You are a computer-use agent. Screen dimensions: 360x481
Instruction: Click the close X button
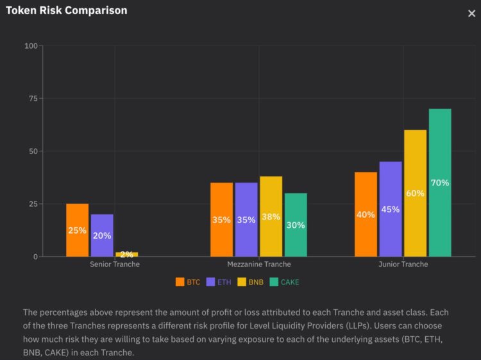coord(471,13)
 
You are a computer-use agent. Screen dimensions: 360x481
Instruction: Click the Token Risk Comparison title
coord(67,10)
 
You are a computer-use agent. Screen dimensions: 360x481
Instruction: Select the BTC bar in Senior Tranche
coord(78,230)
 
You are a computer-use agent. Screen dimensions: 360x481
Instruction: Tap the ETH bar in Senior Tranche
coord(102,235)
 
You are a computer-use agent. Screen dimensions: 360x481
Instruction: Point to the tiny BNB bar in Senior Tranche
coord(126,254)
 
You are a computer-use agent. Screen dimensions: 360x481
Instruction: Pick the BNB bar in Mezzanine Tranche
coord(271,216)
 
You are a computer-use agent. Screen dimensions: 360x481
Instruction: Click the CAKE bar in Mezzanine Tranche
coord(296,225)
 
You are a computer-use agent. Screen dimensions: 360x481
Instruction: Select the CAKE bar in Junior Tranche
coord(440,182)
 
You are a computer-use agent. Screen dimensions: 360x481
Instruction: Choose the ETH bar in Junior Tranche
coord(391,209)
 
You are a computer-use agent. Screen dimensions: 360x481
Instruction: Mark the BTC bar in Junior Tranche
coord(366,214)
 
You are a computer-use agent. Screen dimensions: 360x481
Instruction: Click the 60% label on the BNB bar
coord(415,193)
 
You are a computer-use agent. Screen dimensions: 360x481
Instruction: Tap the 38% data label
coord(271,217)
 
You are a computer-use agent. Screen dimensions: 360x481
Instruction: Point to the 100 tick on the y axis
coord(31,46)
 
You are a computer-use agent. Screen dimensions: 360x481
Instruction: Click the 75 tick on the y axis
coord(33,98)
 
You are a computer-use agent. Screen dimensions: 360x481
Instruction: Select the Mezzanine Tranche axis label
coord(258,264)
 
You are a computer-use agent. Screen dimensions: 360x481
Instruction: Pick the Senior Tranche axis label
coord(114,264)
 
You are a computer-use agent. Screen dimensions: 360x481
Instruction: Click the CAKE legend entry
coord(285,282)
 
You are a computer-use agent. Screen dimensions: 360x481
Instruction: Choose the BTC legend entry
coord(189,282)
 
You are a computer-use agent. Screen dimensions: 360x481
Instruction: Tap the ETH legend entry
coord(219,282)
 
